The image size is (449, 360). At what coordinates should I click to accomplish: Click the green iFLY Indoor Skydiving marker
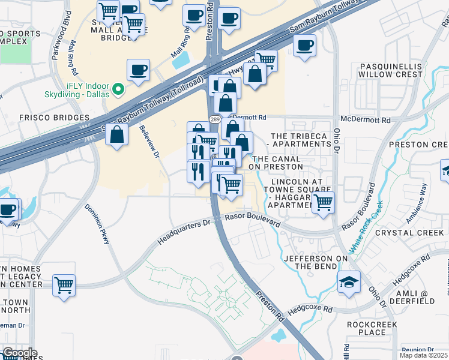[119, 89]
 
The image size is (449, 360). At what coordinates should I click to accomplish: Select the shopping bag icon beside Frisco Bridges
[116, 136]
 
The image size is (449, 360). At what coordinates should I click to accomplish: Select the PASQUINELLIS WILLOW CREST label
[390, 70]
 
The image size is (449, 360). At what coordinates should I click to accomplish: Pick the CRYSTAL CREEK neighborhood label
[401, 233]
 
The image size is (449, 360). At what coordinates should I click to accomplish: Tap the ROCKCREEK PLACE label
[375, 328]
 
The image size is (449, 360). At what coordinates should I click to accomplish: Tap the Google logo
[19, 353]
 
